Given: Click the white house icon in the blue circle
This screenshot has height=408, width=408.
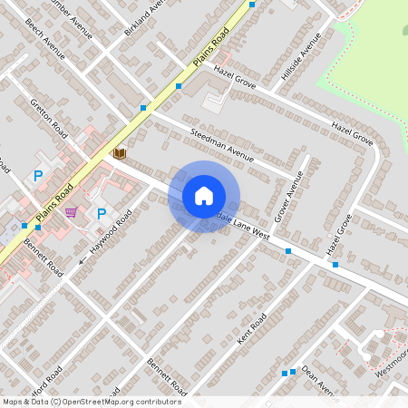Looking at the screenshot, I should pos(204,195).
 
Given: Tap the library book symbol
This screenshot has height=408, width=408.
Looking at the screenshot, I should pos(120,154).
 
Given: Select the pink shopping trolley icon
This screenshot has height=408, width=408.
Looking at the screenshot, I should pos(71,212).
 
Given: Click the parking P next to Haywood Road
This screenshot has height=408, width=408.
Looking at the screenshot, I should pos(102,214).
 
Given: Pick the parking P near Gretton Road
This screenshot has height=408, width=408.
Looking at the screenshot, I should pos(38,175).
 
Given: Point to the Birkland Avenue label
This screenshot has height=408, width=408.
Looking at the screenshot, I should pos(144,17).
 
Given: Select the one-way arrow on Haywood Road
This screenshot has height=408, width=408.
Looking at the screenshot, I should pos(83,261).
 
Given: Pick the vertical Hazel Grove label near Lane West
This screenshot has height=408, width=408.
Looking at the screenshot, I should pos(338,234).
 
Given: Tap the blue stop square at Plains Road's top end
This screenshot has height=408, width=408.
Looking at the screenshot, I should pos(252,4).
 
